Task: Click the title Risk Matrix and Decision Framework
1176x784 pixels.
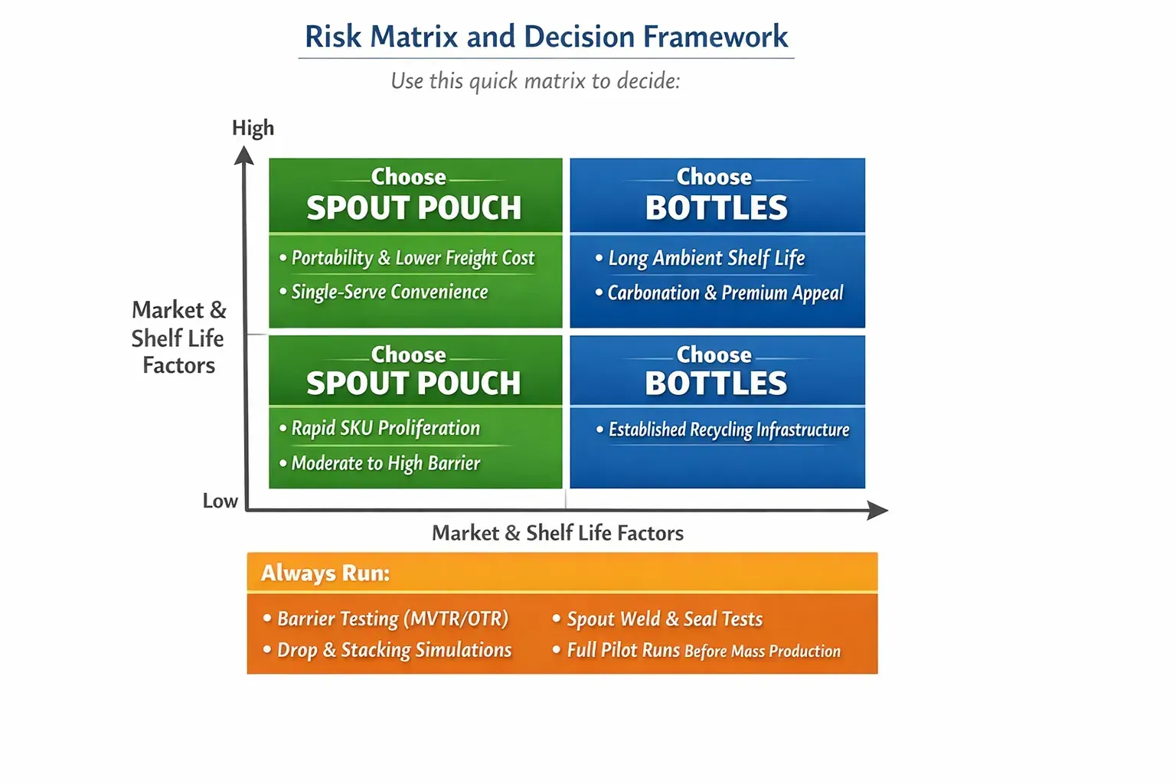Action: (x=546, y=37)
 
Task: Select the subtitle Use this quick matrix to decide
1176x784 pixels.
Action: (x=535, y=81)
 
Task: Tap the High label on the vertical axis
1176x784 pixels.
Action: (x=253, y=128)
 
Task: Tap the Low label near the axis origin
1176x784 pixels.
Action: (x=220, y=501)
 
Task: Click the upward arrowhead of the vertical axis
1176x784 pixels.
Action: (x=244, y=156)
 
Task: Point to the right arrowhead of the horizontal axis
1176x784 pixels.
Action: (x=877, y=510)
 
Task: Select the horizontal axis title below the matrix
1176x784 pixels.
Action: (x=557, y=533)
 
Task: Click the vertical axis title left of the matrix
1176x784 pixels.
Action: (x=178, y=338)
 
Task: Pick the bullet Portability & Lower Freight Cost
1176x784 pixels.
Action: (x=412, y=258)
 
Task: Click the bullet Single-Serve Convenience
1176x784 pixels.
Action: (x=389, y=292)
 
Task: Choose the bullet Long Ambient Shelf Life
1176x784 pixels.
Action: (x=706, y=258)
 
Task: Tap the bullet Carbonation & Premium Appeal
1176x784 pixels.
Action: (x=724, y=292)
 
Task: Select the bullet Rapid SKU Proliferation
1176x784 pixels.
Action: (x=385, y=428)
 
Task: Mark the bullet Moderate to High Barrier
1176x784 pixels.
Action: (x=385, y=463)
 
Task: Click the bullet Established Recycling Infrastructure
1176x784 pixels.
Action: (x=728, y=430)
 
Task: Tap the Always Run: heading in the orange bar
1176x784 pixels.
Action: (x=325, y=573)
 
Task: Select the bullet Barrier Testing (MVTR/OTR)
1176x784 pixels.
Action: (x=392, y=619)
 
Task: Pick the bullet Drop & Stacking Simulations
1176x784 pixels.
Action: (x=394, y=650)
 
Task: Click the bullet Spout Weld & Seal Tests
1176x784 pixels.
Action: (x=664, y=619)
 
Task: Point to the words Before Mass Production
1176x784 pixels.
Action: (x=763, y=652)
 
